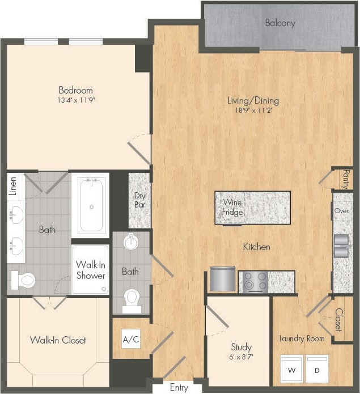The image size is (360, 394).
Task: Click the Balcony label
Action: [x=280, y=23]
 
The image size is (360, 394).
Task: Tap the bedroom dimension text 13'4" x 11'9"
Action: [x=75, y=100]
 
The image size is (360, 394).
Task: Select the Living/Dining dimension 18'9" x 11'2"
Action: [x=253, y=111]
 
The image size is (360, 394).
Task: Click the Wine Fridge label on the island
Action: [x=233, y=207]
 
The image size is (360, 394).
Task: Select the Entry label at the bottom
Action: [x=179, y=388]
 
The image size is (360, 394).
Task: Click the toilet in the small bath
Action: [x=132, y=296]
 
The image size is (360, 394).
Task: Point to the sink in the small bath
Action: [x=131, y=242]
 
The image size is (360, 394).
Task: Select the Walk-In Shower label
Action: [x=91, y=270]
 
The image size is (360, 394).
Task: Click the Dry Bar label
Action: [x=139, y=201]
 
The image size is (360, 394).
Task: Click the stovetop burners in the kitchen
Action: [x=255, y=282]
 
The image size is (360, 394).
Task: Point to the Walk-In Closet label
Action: [x=58, y=340]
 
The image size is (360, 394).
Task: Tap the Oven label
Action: [x=342, y=210]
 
